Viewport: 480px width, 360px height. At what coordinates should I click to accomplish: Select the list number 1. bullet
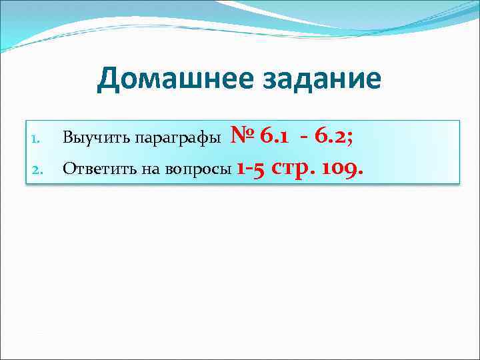(37, 139)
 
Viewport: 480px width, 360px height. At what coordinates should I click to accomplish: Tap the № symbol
(243, 136)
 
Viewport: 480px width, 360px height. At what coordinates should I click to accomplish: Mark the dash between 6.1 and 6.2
(303, 137)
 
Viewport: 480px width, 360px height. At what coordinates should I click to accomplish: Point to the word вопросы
(193, 170)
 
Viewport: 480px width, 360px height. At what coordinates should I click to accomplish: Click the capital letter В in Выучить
(67, 139)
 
